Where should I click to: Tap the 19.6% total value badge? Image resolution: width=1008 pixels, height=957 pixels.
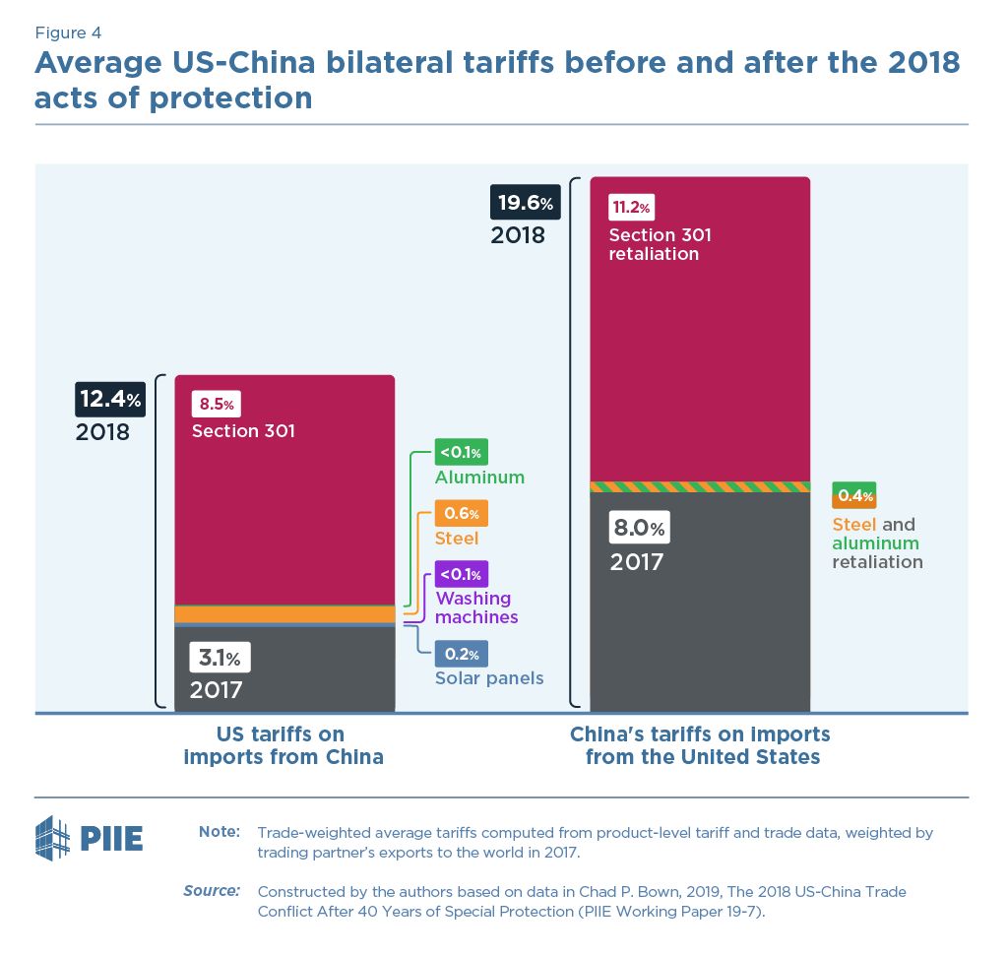(x=526, y=204)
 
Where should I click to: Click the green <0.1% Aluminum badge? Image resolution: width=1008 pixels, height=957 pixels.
(x=461, y=452)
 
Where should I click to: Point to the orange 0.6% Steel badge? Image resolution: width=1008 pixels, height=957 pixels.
(x=461, y=513)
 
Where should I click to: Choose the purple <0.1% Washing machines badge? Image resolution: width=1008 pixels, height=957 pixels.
(x=461, y=574)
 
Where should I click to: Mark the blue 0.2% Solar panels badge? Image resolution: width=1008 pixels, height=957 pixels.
(x=461, y=654)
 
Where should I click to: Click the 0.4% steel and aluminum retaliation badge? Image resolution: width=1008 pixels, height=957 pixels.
(x=853, y=494)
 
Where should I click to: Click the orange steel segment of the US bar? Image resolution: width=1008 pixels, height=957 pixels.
(x=284, y=614)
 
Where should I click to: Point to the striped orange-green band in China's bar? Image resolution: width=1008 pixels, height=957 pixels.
(x=699, y=486)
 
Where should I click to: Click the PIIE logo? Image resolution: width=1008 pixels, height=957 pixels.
(x=90, y=838)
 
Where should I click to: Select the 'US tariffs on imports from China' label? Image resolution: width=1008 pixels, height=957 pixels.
(x=285, y=745)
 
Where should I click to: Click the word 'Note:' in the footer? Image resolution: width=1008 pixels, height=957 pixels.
(x=220, y=832)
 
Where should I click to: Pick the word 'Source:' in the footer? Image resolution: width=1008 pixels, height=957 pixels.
(x=212, y=890)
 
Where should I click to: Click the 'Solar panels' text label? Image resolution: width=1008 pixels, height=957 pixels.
(x=489, y=678)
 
